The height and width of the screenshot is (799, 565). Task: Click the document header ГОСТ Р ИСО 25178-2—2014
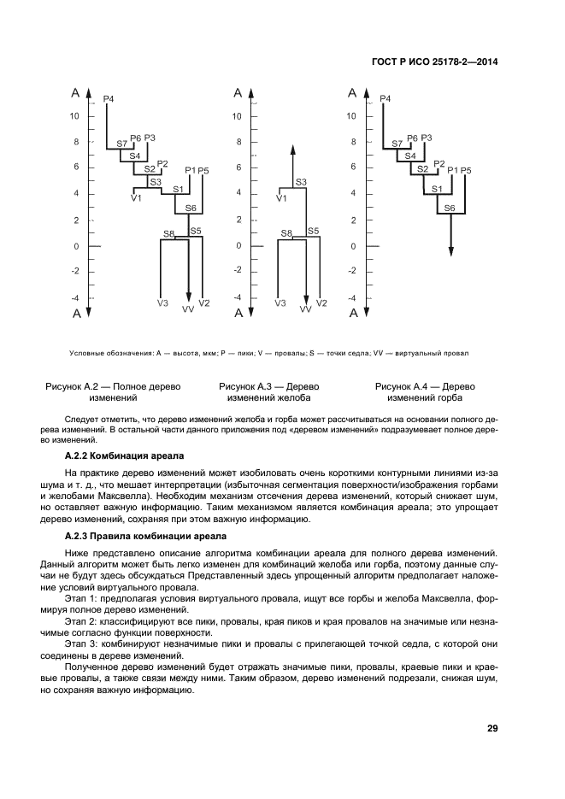436,61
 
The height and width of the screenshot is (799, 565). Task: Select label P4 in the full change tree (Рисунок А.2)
108,100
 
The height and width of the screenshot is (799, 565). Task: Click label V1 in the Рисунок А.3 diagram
282,198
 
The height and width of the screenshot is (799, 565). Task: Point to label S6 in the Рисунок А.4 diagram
450,208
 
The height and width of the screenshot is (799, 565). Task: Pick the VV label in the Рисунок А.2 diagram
188,309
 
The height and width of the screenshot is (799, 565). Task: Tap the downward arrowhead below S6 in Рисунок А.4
451,250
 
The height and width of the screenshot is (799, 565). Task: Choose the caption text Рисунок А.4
407,386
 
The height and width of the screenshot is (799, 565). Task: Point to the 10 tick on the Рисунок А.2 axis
75,116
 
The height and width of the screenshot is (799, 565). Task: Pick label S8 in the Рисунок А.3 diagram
286,233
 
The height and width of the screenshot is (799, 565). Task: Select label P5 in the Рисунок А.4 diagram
466,171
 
